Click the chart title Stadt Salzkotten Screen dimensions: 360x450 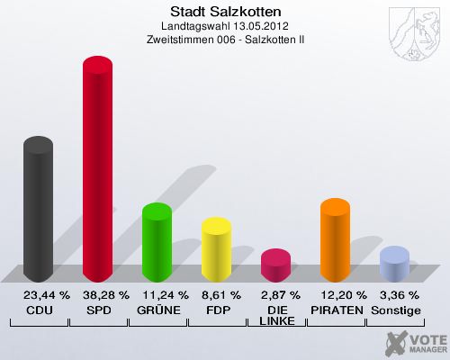(225, 12)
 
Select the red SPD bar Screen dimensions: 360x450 (97, 171)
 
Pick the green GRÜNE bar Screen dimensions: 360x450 (157, 243)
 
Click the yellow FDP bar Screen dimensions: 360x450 (216, 250)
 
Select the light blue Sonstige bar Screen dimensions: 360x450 (394, 264)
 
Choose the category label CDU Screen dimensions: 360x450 (38, 310)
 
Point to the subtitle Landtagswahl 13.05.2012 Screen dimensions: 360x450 (225, 27)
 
